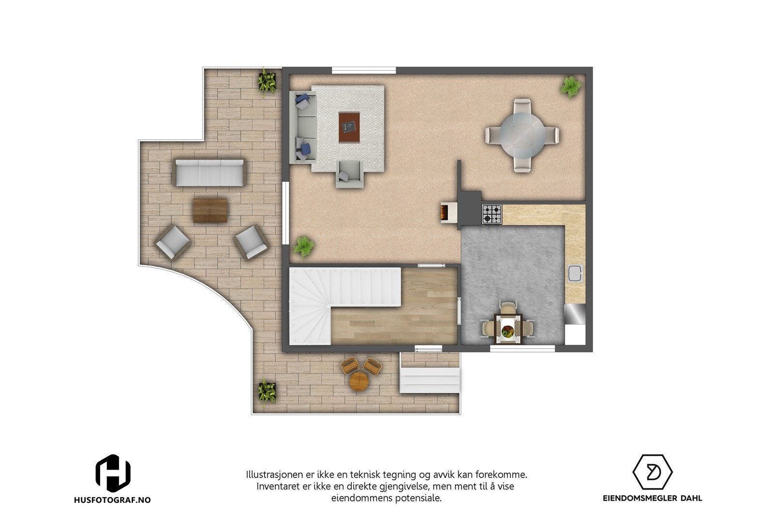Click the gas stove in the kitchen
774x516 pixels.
click(491, 214)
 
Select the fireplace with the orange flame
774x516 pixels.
click(445, 212)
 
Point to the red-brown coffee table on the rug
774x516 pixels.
click(349, 127)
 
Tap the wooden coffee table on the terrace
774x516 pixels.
click(210, 210)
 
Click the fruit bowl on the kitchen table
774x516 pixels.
click(507, 331)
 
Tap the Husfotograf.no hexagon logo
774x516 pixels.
click(113, 472)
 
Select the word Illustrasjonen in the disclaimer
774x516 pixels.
click(275, 474)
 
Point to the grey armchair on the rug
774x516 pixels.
click(349, 173)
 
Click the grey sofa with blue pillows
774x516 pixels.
click(303, 127)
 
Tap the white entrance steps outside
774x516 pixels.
click(429, 380)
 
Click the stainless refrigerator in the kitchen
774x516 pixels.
click(575, 313)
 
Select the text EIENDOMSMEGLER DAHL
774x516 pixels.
click(653, 498)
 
